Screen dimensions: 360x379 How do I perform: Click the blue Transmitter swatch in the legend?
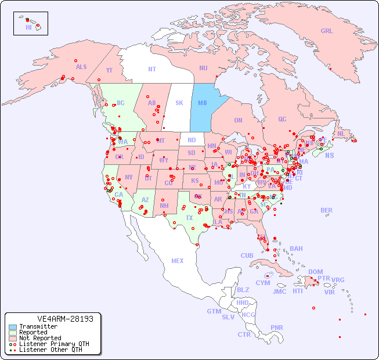[x=12, y=326]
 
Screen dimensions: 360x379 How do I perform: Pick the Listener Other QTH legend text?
[x=50, y=350]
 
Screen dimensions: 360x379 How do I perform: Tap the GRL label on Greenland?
[x=327, y=31]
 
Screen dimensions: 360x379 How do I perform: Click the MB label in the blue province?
[x=203, y=103]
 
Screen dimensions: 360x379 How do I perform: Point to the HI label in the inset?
[x=28, y=27]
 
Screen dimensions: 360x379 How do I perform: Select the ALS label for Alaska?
[x=81, y=67]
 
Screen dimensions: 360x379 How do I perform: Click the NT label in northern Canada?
[x=151, y=69]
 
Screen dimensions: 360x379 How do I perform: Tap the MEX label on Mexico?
[x=178, y=261]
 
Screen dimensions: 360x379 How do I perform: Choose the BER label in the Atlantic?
[x=327, y=210]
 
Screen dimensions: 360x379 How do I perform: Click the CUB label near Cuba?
[x=247, y=255]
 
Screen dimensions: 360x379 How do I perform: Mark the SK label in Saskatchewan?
[x=179, y=103]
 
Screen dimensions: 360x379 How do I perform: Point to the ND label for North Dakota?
[x=192, y=140]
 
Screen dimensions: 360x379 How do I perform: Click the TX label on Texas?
[x=189, y=218]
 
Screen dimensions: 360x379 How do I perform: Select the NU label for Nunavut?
[x=203, y=68]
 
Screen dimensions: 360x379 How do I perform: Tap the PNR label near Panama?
[x=277, y=327]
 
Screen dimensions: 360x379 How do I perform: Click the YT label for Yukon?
[x=109, y=71]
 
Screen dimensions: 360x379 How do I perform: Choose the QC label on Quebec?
[x=282, y=119]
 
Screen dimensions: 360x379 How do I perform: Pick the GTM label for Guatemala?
[x=214, y=311]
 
